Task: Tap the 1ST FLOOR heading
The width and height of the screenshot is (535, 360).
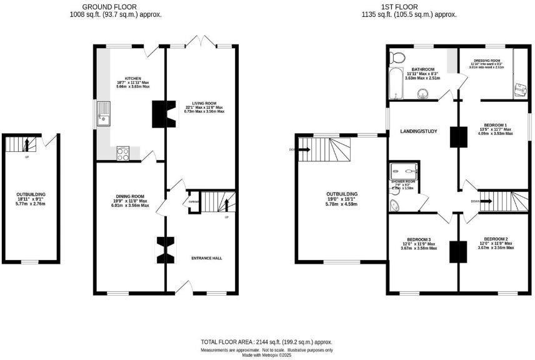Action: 411,6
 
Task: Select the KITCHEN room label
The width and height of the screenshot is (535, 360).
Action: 132,79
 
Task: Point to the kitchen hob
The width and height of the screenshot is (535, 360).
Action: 122,152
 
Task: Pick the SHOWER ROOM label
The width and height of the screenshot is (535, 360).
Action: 404,182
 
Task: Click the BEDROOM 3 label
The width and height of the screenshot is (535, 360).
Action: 419,239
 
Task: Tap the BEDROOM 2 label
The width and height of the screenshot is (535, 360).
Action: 496,239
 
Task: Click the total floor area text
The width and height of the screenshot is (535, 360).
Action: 267,342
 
